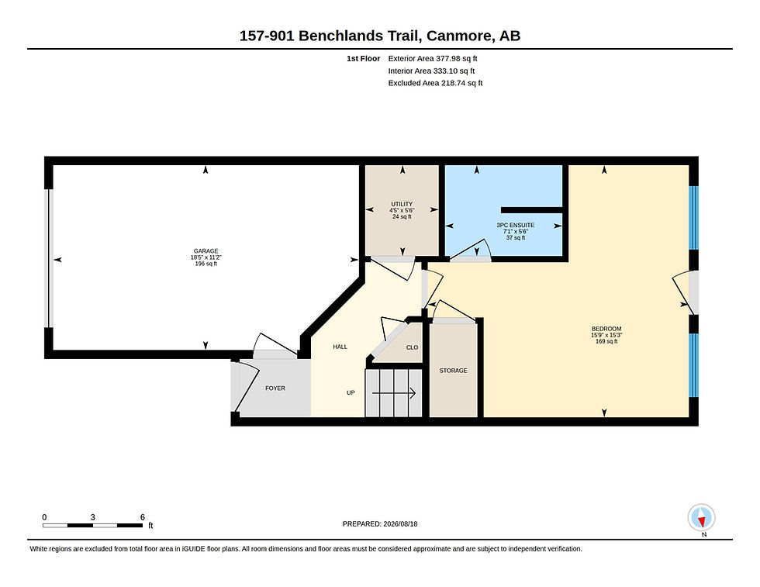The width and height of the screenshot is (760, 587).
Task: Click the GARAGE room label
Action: (206, 251)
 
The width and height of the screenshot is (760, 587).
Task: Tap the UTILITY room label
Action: (402, 204)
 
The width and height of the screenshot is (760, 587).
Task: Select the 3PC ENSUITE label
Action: (515, 225)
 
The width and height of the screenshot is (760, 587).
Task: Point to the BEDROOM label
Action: (606, 329)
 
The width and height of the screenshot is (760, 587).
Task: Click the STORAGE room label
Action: (453, 371)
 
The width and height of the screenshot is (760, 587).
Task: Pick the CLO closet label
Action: (412, 347)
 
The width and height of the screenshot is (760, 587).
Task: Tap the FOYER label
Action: (275, 388)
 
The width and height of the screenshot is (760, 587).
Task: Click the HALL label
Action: (340, 347)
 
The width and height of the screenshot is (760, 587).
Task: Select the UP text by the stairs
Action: (351, 392)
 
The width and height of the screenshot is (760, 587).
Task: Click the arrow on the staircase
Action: (394, 393)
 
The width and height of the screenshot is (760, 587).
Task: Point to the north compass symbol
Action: (701, 518)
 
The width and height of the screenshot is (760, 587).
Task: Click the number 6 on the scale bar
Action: (143, 517)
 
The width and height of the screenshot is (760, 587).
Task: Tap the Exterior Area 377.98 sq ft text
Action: (433, 58)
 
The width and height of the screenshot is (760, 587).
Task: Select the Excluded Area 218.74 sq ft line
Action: (435, 83)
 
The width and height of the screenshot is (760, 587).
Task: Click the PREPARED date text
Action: (380, 523)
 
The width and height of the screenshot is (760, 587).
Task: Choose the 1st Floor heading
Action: (363, 58)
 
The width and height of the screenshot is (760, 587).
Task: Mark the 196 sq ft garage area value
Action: (206, 264)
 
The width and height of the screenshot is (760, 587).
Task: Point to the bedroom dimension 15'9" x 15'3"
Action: (606, 335)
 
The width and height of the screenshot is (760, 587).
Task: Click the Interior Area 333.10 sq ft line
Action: (431, 71)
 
